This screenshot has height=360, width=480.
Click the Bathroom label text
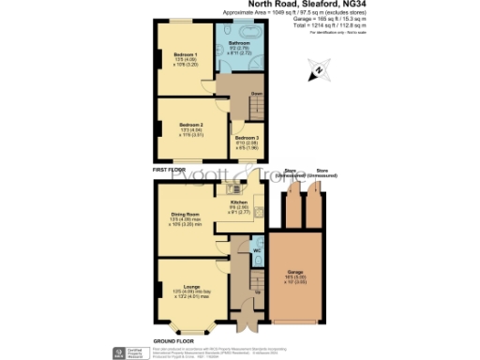[x=238, y=42]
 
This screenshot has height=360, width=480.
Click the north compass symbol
[x=318, y=68]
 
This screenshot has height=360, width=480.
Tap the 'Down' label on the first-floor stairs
[x=256, y=95]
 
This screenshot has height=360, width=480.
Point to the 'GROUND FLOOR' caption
[x=173, y=340]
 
